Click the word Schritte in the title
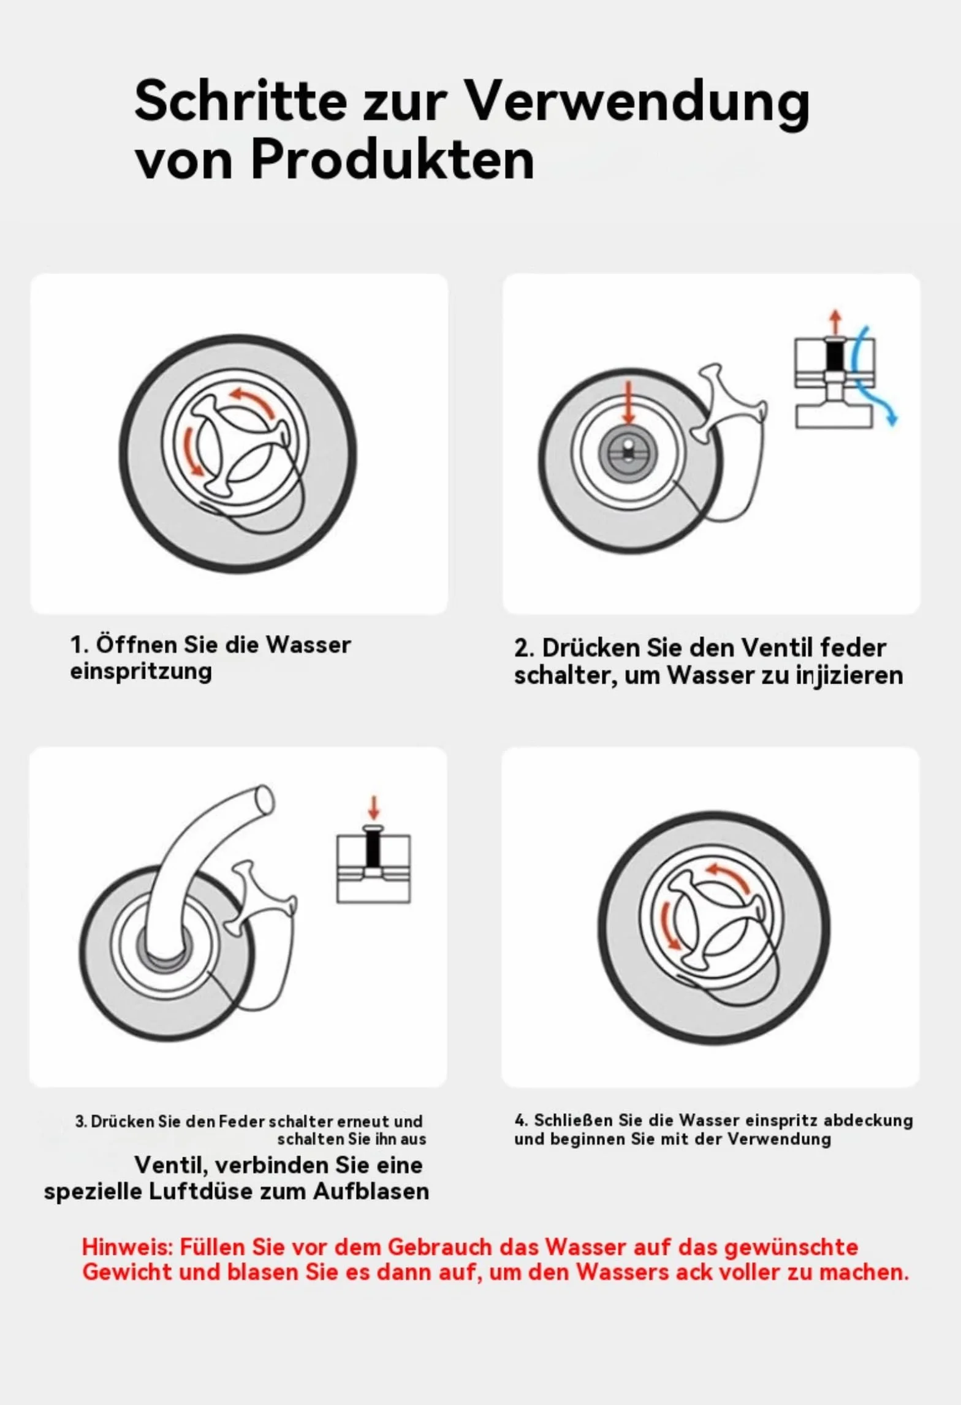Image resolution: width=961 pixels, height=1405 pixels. coord(240,102)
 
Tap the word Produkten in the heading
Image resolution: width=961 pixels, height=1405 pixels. coord(392,160)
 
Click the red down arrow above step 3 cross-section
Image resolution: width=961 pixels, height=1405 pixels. coord(374,808)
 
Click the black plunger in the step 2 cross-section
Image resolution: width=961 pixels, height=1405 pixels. coord(834,355)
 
